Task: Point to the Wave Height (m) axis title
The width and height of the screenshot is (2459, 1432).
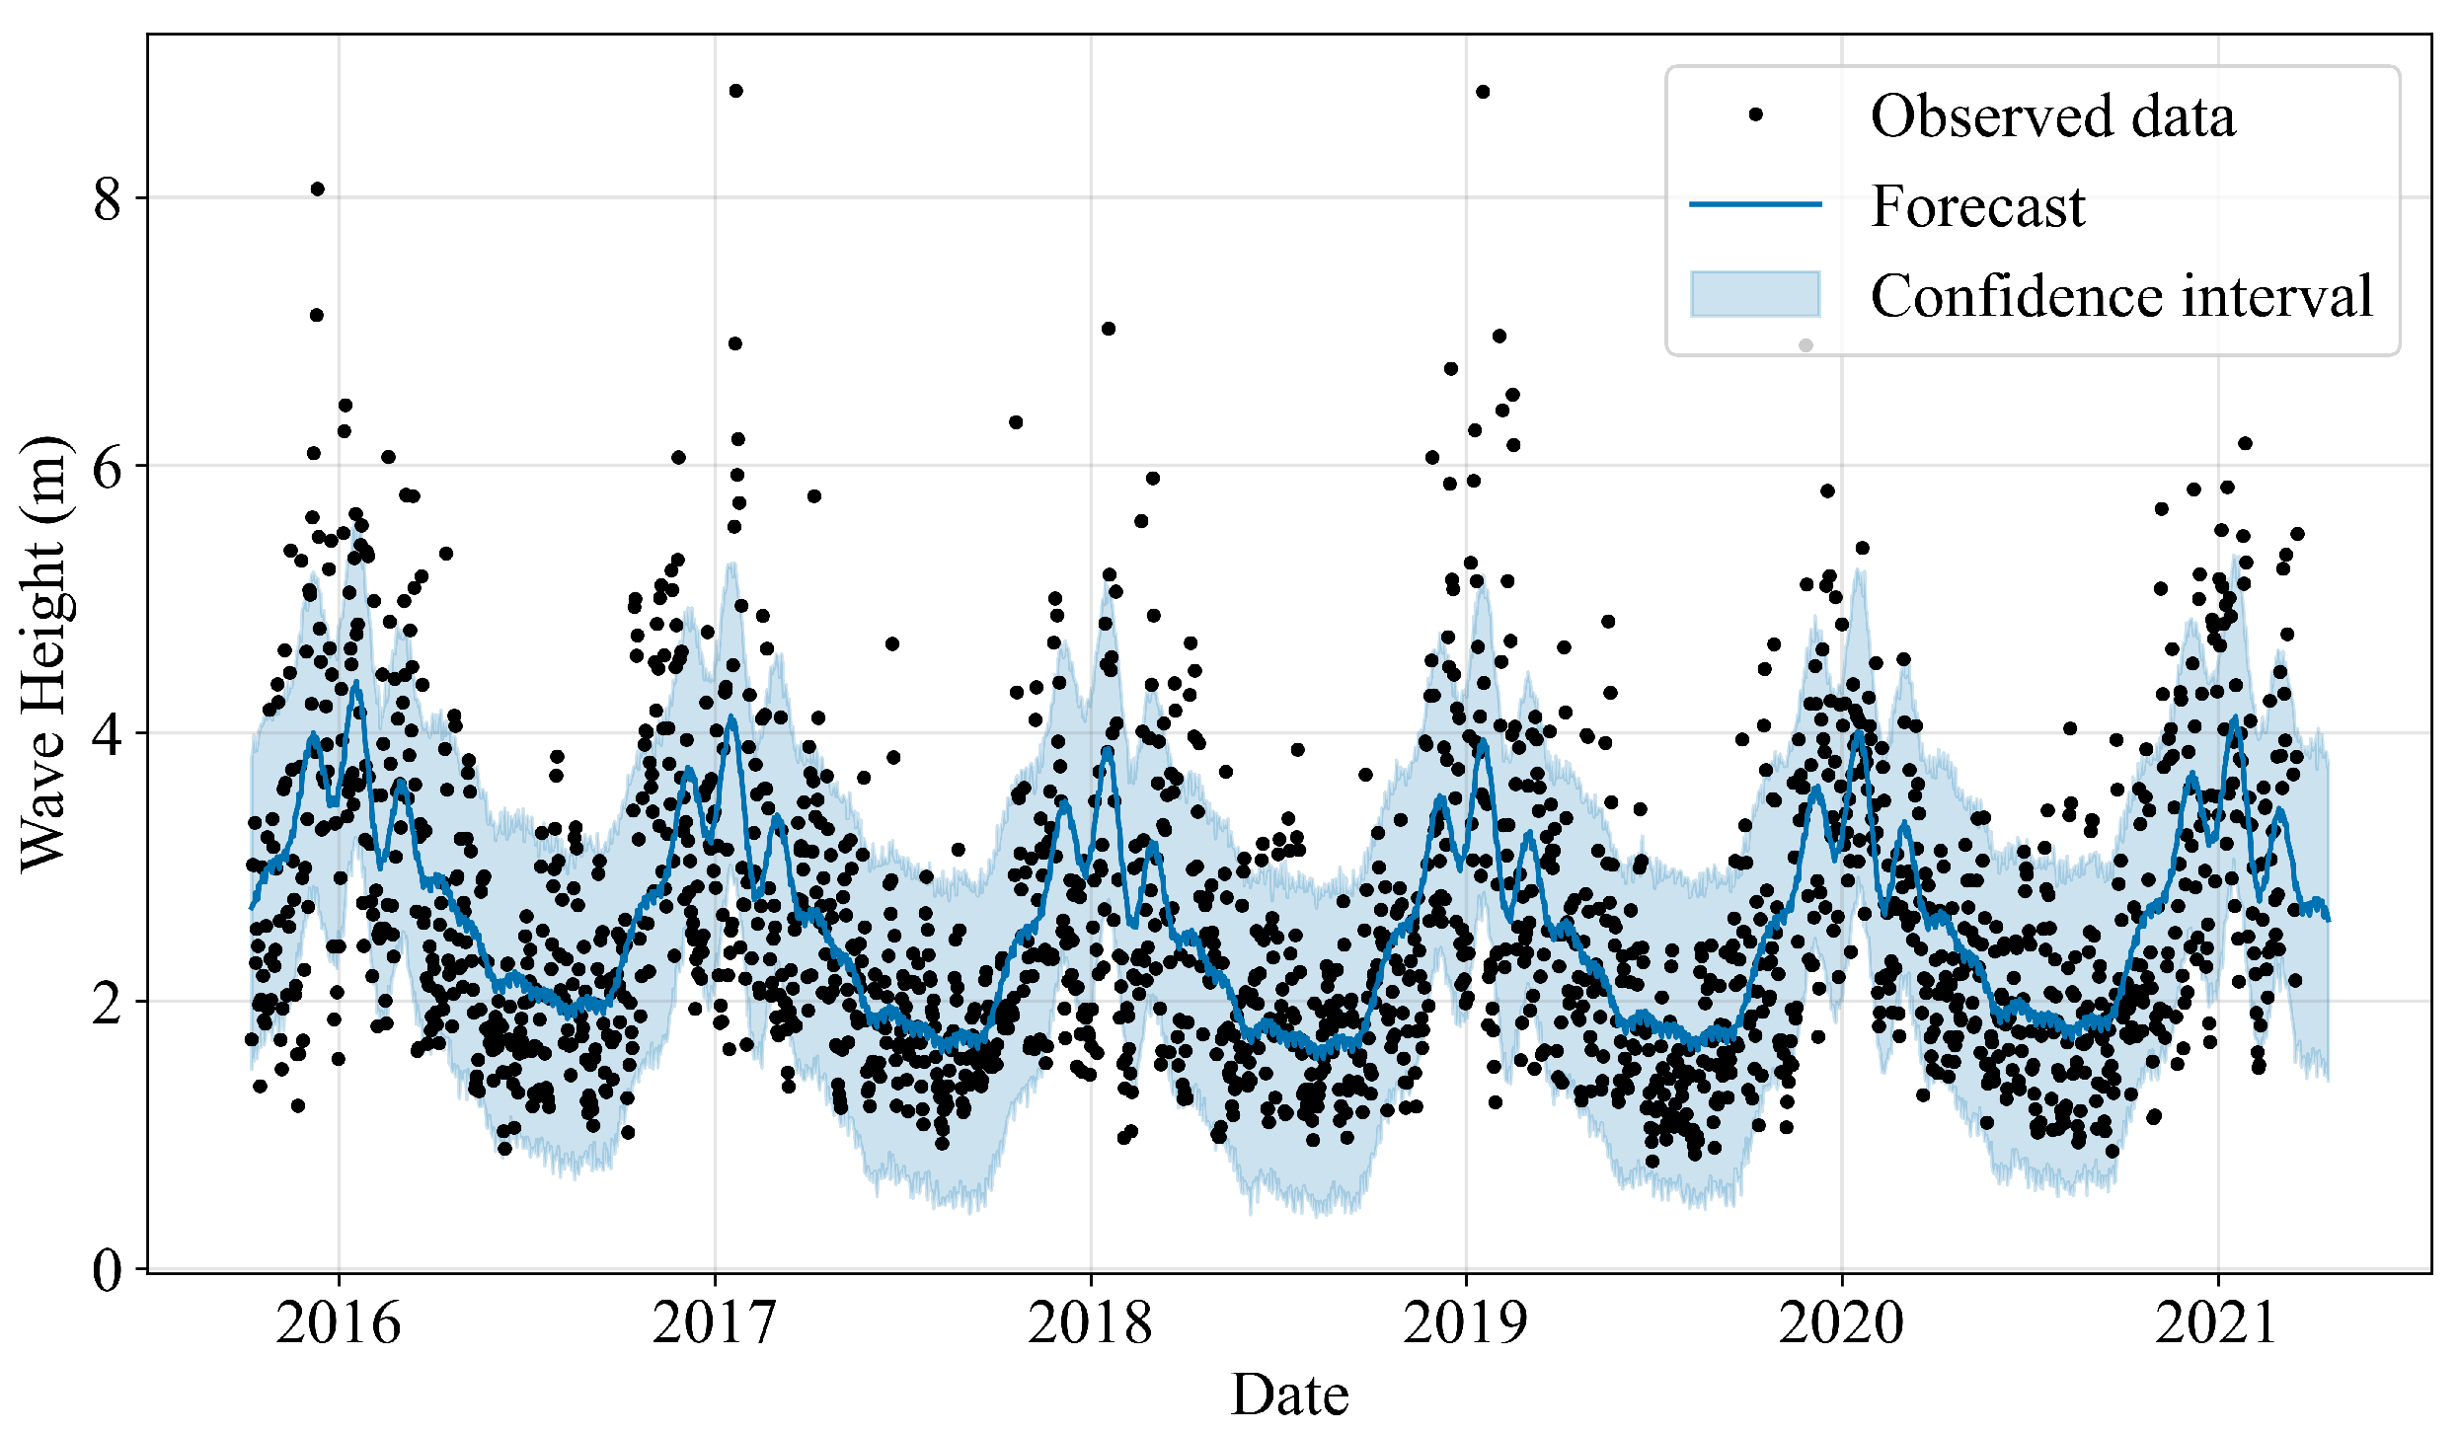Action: pyautogui.click(x=43, y=651)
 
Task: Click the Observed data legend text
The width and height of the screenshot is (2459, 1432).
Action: pyautogui.click(x=2052, y=116)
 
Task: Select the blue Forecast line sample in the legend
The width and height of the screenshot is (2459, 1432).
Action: pyautogui.click(x=1755, y=205)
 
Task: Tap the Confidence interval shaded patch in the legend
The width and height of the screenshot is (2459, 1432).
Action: pyautogui.click(x=1755, y=294)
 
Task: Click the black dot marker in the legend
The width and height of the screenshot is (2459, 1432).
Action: pyautogui.click(x=1755, y=115)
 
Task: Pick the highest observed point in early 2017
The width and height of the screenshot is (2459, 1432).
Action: pyautogui.click(x=735, y=91)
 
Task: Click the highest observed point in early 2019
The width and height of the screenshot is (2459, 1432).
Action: pyautogui.click(x=1483, y=92)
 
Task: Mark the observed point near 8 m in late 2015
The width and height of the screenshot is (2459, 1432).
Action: pyautogui.click(x=317, y=188)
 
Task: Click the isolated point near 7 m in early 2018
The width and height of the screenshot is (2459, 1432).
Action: pyautogui.click(x=1108, y=329)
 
